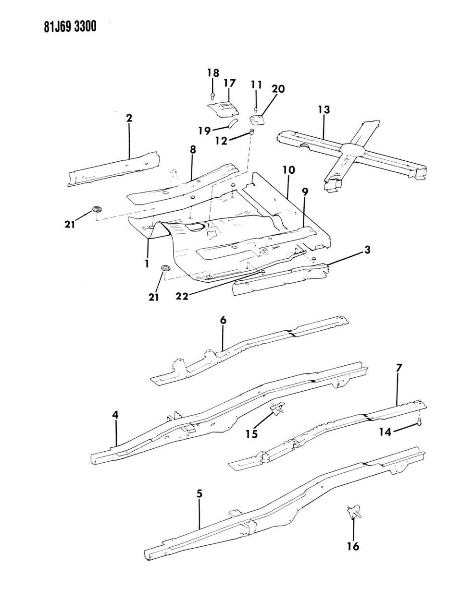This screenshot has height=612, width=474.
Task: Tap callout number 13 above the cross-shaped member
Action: [324, 110]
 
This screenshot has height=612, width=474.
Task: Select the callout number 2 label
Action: [129, 118]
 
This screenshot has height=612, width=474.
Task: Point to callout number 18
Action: [213, 73]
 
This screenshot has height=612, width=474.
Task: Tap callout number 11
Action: [256, 85]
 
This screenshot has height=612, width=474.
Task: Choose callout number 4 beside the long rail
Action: [115, 414]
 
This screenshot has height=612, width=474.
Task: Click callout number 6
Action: [223, 321]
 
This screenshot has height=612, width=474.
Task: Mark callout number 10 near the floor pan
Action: [289, 170]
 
